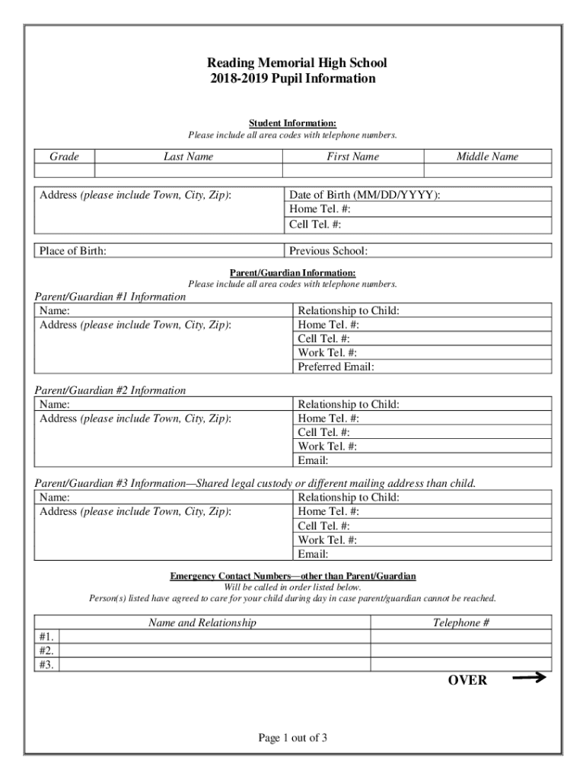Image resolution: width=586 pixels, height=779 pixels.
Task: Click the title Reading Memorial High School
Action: [x=293, y=63]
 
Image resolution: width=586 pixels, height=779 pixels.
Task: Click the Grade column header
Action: [x=65, y=157]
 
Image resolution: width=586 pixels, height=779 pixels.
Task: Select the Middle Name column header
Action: [x=487, y=157]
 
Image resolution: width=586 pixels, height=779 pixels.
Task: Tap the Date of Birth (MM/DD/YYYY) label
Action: [x=365, y=195]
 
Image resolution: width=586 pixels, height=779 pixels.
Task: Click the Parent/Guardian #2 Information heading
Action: [x=110, y=390]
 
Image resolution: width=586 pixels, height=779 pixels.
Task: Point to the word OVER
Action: [x=467, y=680]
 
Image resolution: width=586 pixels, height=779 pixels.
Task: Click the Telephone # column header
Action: [x=461, y=623]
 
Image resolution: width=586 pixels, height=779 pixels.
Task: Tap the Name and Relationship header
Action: [x=202, y=623]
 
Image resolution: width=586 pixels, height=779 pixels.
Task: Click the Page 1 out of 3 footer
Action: [x=293, y=738]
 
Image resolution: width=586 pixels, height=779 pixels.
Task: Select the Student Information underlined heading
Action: [x=293, y=123]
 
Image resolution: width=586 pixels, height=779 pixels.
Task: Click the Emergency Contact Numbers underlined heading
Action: [x=293, y=577]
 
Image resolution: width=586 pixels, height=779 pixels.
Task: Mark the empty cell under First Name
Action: [x=352, y=170]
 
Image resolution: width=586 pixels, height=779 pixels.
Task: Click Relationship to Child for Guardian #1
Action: [x=349, y=310]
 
